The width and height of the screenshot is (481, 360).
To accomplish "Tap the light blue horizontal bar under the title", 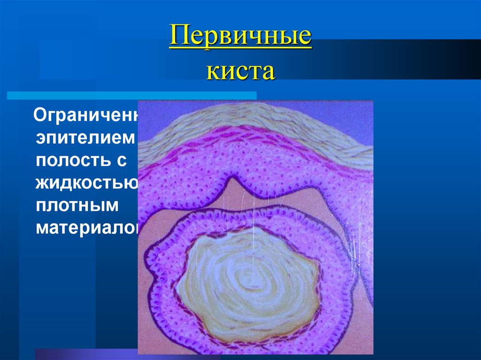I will tap(132, 95).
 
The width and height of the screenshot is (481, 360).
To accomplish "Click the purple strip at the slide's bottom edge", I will tap(85, 354).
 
